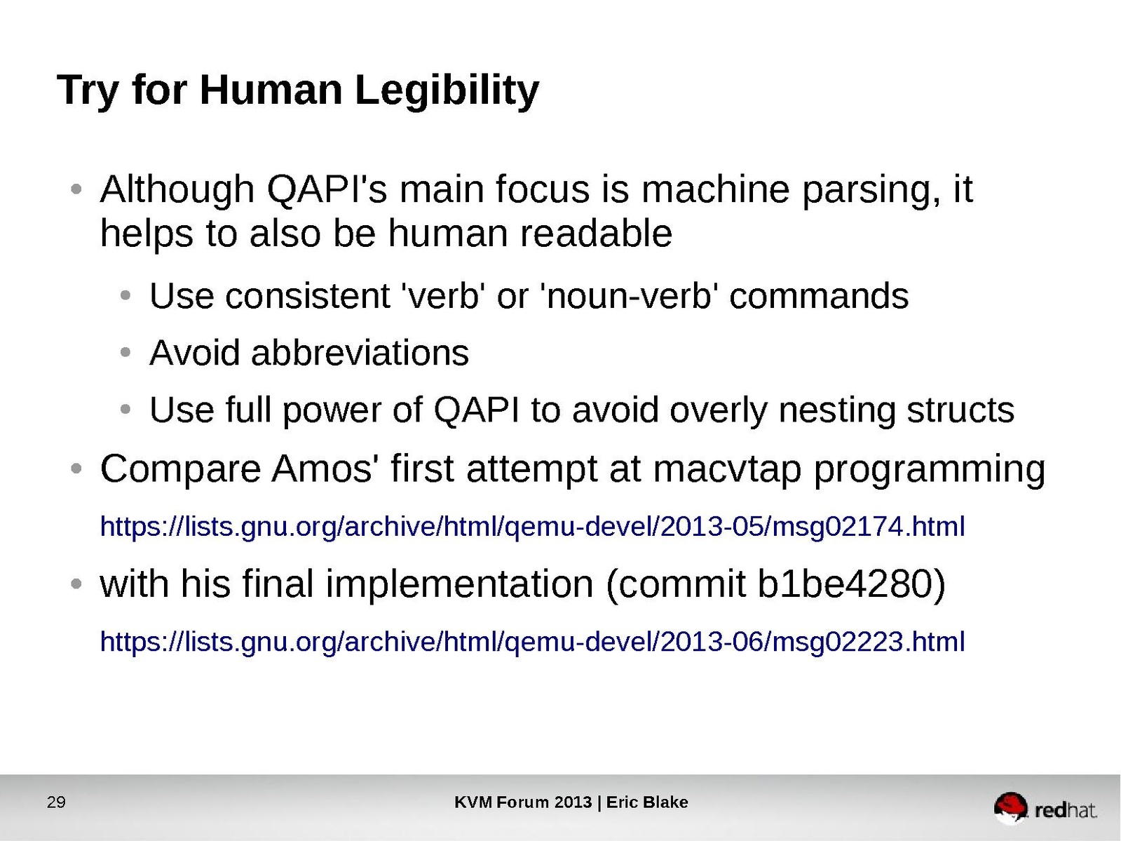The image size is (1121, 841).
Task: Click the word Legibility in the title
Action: click(447, 91)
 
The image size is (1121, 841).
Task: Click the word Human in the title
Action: click(271, 90)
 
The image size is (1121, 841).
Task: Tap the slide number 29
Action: click(56, 802)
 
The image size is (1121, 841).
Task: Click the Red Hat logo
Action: click(1045, 808)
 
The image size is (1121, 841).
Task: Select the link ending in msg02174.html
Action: click(532, 527)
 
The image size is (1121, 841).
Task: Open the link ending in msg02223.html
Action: click(532, 642)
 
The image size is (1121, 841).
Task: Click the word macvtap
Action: click(727, 470)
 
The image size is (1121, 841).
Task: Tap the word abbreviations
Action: click(360, 353)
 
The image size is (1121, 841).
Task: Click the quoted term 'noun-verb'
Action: click(629, 296)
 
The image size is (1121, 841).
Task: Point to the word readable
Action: click(596, 233)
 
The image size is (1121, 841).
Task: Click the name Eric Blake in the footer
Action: click(647, 802)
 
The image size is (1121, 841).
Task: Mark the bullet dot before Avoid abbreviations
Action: click(125, 353)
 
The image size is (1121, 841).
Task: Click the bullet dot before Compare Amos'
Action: click(76, 469)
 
